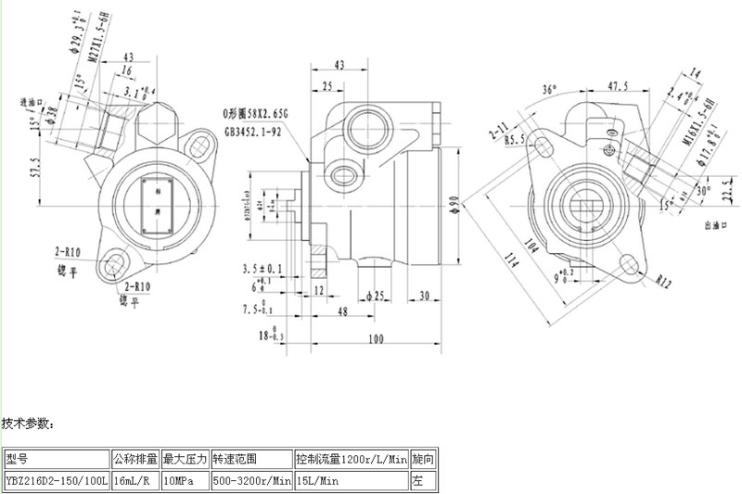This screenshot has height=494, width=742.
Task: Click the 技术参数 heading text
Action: (29, 424)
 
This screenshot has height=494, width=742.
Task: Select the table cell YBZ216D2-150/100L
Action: (57, 481)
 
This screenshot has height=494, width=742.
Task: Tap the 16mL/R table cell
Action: (134, 481)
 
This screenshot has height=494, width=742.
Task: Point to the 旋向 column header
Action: (422, 459)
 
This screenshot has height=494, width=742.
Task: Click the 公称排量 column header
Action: (135, 459)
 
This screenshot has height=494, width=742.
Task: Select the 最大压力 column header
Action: (185, 459)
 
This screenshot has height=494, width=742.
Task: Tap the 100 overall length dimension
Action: (376, 340)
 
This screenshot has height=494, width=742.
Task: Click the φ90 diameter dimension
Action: (454, 201)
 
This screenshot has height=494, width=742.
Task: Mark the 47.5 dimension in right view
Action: (618, 86)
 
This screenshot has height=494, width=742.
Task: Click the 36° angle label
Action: (550, 90)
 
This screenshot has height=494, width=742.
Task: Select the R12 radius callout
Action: (663, 278)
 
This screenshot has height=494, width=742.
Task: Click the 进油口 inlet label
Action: (32, 101)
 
